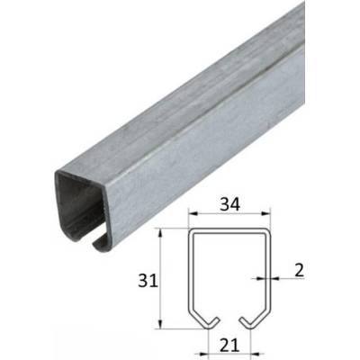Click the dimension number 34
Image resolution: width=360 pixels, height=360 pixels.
coord(230,204)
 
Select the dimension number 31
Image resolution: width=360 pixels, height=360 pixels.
coord(148,282)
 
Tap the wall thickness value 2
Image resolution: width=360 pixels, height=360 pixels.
coord(299,270)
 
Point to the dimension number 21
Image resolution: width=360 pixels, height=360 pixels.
coord(229,346)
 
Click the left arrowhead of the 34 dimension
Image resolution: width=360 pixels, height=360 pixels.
coord(193,213)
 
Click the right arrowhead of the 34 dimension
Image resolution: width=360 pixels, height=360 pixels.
coord(266,213)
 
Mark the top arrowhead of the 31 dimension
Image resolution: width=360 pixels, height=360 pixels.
coord(160,233)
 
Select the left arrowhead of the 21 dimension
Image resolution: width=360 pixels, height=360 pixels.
coord(204,355)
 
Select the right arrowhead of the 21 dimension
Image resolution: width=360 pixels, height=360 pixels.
coord(256,355)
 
